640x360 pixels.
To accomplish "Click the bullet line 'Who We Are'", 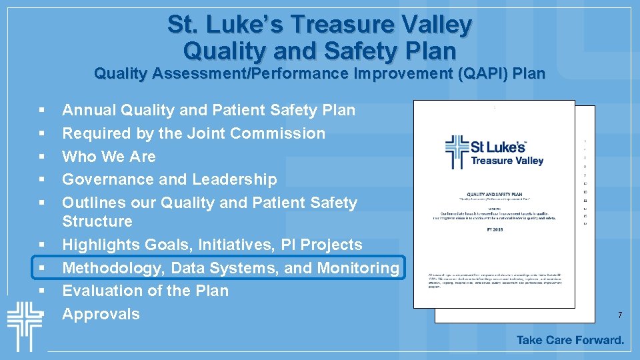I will (x=109, y=157).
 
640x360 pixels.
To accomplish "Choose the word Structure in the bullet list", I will (x=97, y=221).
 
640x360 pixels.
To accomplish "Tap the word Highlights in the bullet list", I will (x=98, y=245).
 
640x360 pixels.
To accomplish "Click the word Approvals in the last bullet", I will (x=101, y=314).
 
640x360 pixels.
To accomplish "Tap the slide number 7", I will (x=620, y=315).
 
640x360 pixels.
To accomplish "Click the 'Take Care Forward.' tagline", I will (x=570, y=340).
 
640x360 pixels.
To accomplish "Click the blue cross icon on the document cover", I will (x=457, y=153).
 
